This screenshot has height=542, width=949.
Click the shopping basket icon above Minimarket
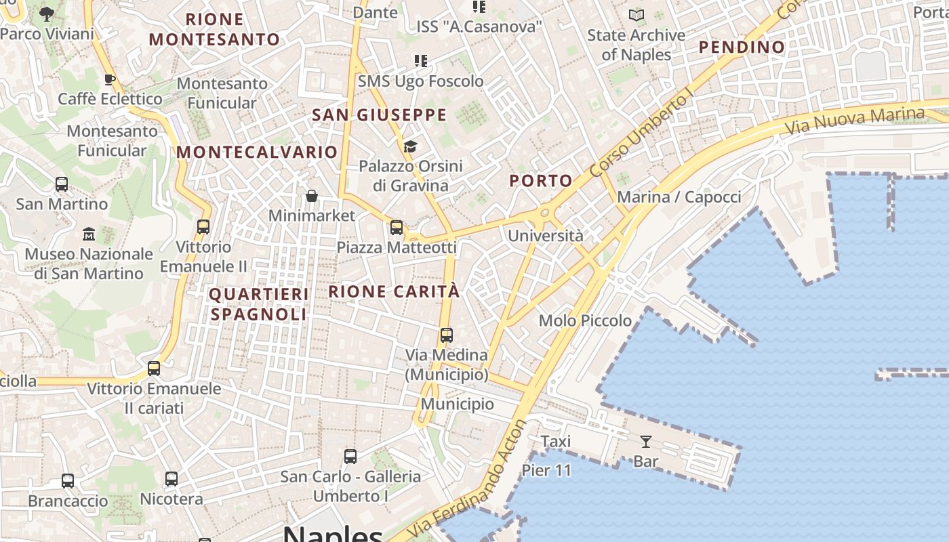[312, 196]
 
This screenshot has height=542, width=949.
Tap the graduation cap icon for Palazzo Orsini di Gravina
[410, 146]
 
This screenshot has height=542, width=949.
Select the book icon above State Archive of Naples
[636, 15]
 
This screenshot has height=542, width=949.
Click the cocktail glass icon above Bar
[645, 442]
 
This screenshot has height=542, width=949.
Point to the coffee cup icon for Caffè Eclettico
[110, 79]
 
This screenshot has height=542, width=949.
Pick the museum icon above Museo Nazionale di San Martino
[89, 234]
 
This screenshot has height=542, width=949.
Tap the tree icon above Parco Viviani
[47, 14]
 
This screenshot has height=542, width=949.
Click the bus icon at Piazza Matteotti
[397, 228]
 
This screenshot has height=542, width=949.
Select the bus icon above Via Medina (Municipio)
[446, 335]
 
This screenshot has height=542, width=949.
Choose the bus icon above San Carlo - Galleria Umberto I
[350, 457]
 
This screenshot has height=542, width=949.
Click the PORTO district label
[541, 181]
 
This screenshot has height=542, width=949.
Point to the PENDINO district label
[742, 47]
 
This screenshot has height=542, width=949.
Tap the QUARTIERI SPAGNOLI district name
[258, 304]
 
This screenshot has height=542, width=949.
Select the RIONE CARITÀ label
[394, 292]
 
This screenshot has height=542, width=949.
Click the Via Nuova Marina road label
[854, 120]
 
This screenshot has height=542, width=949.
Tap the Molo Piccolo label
[585, 320]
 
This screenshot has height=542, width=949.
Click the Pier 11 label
[546, 470]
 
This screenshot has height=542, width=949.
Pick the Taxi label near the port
[556, 442]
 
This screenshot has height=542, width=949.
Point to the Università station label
[545, 236]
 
